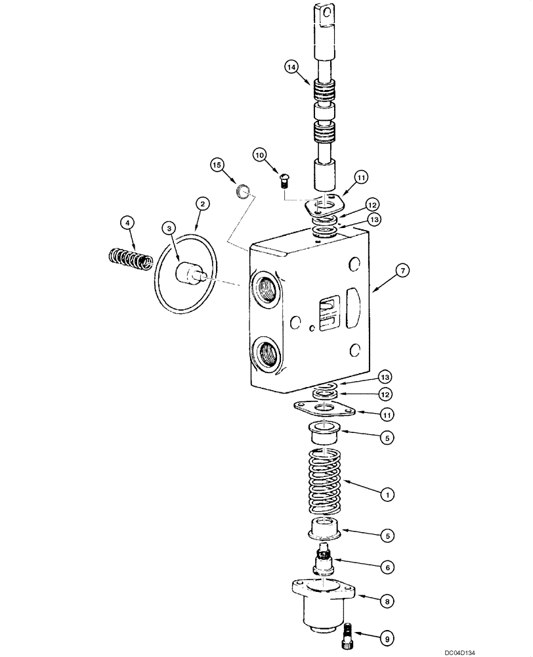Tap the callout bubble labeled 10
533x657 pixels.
click(261, 154)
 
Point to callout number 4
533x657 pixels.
click(129, 223)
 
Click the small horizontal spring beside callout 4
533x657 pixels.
click(129, 256)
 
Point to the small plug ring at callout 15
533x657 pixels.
click(243, 191)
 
